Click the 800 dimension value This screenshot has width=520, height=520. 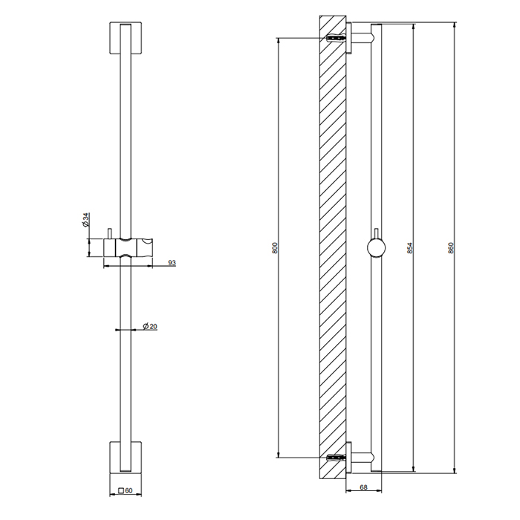pos(274,248)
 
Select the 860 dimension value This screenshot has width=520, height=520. pos(451,248)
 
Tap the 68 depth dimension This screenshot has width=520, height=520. pos(364,487)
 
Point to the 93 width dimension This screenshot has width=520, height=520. pos(171,262)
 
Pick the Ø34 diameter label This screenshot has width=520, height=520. pos(86,221)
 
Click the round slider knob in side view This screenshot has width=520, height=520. pos(377,247)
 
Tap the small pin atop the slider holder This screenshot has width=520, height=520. pos(109,234)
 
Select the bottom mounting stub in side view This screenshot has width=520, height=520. pos(360,458)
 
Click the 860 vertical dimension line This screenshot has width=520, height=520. pos(455,149)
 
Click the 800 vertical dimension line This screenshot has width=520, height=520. pos(279,149)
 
